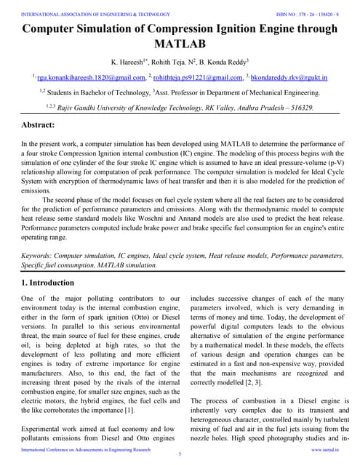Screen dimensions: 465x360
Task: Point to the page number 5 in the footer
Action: click(180, 454)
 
